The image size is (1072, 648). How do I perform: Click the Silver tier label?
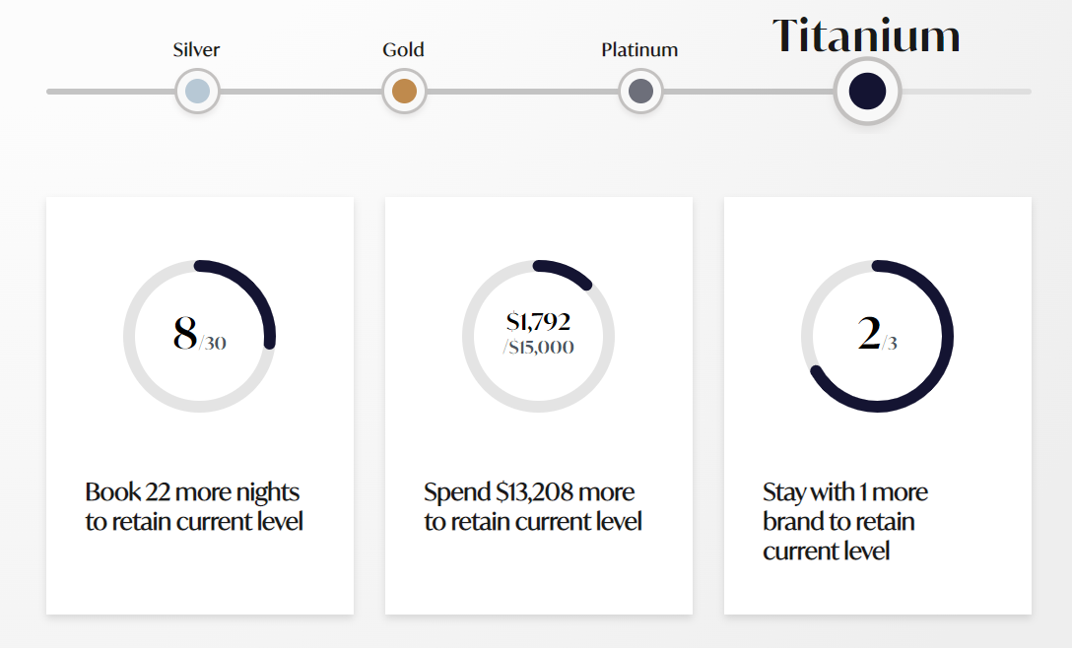(196, 49)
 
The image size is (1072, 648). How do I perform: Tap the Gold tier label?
(403, 49)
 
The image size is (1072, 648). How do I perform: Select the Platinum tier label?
(639, 49)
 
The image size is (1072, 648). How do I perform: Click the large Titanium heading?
(866, 36)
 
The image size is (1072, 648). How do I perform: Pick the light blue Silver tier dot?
(197, 92)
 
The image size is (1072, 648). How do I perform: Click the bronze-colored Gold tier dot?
(404, 92)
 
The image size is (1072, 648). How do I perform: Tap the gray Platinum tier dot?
(640, 92)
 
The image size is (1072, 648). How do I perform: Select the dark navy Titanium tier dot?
(867, 91)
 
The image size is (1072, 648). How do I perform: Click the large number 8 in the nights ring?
(184, 333)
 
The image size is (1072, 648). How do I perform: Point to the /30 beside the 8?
(213, 344)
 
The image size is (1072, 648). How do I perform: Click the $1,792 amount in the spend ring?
(538, 321)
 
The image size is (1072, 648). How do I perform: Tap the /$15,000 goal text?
(538, 347)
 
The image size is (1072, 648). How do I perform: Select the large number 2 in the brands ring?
(868, 333)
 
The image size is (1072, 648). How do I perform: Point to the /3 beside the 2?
(890, 344)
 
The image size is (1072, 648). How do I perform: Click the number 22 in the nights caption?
(159, 491)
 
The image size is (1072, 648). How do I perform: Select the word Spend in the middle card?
(456, 491)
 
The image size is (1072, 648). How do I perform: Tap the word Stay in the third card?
(783, 491)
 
